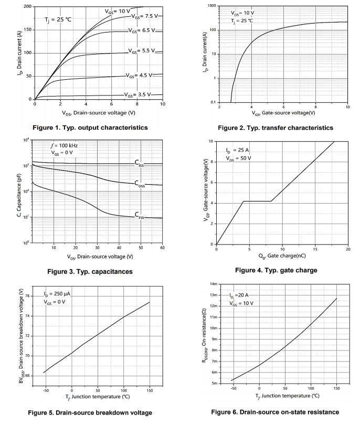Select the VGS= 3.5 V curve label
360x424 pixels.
click(137, 94)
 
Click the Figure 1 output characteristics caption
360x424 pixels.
click(90, 128)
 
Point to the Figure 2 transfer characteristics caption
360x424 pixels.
click(275, 128)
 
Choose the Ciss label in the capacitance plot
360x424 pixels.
click(140, 164)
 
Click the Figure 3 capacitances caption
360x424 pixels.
click(90, 271)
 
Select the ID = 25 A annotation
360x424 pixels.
click(237, 150)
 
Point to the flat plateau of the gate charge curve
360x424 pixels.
click(257, 201)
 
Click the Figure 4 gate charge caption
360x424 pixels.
click(276, 270)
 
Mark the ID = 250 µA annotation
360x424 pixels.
click(57, 294)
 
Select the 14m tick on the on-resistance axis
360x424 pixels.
click(214, 284)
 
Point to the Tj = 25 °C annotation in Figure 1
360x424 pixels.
click(58, 19)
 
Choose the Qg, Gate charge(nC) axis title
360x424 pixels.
click(282, 257)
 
